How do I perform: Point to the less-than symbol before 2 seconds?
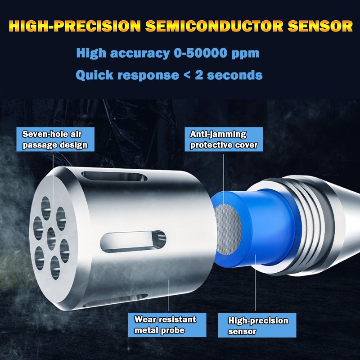point(188,75)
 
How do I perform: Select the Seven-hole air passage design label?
point(54,139)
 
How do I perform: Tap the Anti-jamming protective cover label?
point(224,139)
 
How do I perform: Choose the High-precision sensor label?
point(258,326)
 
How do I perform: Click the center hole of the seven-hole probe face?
point(50,237)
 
